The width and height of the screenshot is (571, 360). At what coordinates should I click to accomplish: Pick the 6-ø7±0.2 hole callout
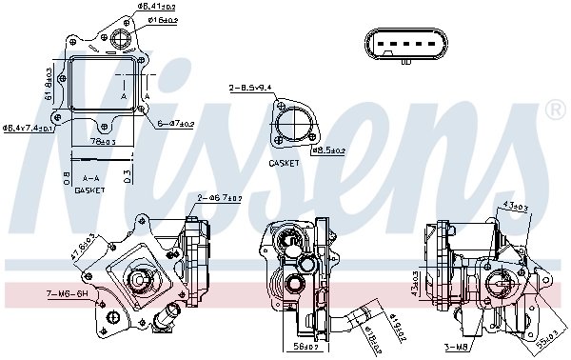click(176, 123)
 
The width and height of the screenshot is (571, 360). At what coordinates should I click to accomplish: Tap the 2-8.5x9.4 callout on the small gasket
click(249, 88)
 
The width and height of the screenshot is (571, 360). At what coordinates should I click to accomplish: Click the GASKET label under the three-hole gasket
click(283, 164)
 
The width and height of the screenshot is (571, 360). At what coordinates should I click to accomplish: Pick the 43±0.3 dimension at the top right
click(517, 207)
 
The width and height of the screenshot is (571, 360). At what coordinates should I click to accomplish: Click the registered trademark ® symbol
click(555, 111)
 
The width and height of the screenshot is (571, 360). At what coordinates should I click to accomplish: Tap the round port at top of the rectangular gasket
click(123, 39)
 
